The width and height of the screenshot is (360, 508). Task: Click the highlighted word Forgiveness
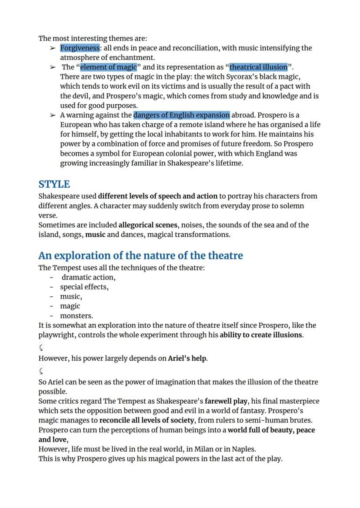[x=80, y=48]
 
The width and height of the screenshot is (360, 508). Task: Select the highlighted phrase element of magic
[x=108, y=67]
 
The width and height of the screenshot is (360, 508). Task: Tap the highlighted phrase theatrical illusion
[x=258, y=67]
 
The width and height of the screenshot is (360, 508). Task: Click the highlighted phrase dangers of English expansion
[x=181, y=115]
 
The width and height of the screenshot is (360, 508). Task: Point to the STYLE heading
[x=54, y=184]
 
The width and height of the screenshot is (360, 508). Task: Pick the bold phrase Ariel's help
[x=187, y=359]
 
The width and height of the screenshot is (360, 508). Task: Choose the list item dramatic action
[x=88, y=277]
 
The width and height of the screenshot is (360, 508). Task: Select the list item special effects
[x=84, y=287]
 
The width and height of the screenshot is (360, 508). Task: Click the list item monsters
[x=76, y=316]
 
